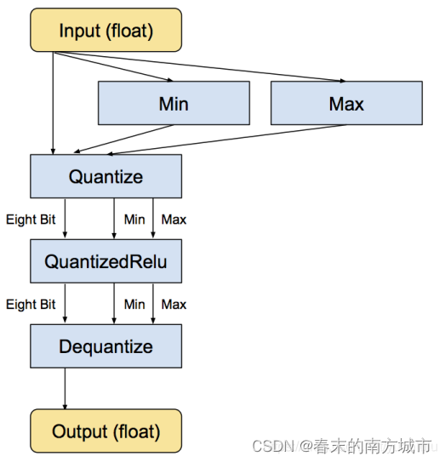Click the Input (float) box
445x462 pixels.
pos(106,31)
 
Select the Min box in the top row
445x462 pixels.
pos(174,104)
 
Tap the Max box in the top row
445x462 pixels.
pos(346,104)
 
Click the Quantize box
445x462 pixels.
pos(106,176)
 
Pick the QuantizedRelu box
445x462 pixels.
pos(106,261)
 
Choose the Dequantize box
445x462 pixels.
pos(106,346)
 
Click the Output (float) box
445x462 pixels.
pos(106,431)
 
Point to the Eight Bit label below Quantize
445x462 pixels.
pos(31,220)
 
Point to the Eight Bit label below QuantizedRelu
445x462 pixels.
pos(31,304)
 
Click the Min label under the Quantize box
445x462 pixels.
pos(134,220)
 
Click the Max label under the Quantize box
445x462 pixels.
pos(174,220)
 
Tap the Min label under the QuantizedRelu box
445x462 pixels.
pos(134,304)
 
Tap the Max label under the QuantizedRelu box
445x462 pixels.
pos(174,304)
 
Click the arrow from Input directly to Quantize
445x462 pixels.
pos(54,102)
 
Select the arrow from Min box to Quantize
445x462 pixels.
pos(111,140)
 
